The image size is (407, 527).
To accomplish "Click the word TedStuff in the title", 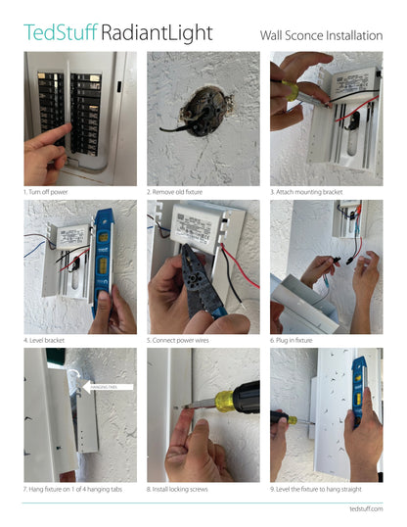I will point(60,33).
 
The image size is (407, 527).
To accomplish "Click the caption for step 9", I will point(323,488).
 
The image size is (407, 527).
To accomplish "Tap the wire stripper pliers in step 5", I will point(196,284).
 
